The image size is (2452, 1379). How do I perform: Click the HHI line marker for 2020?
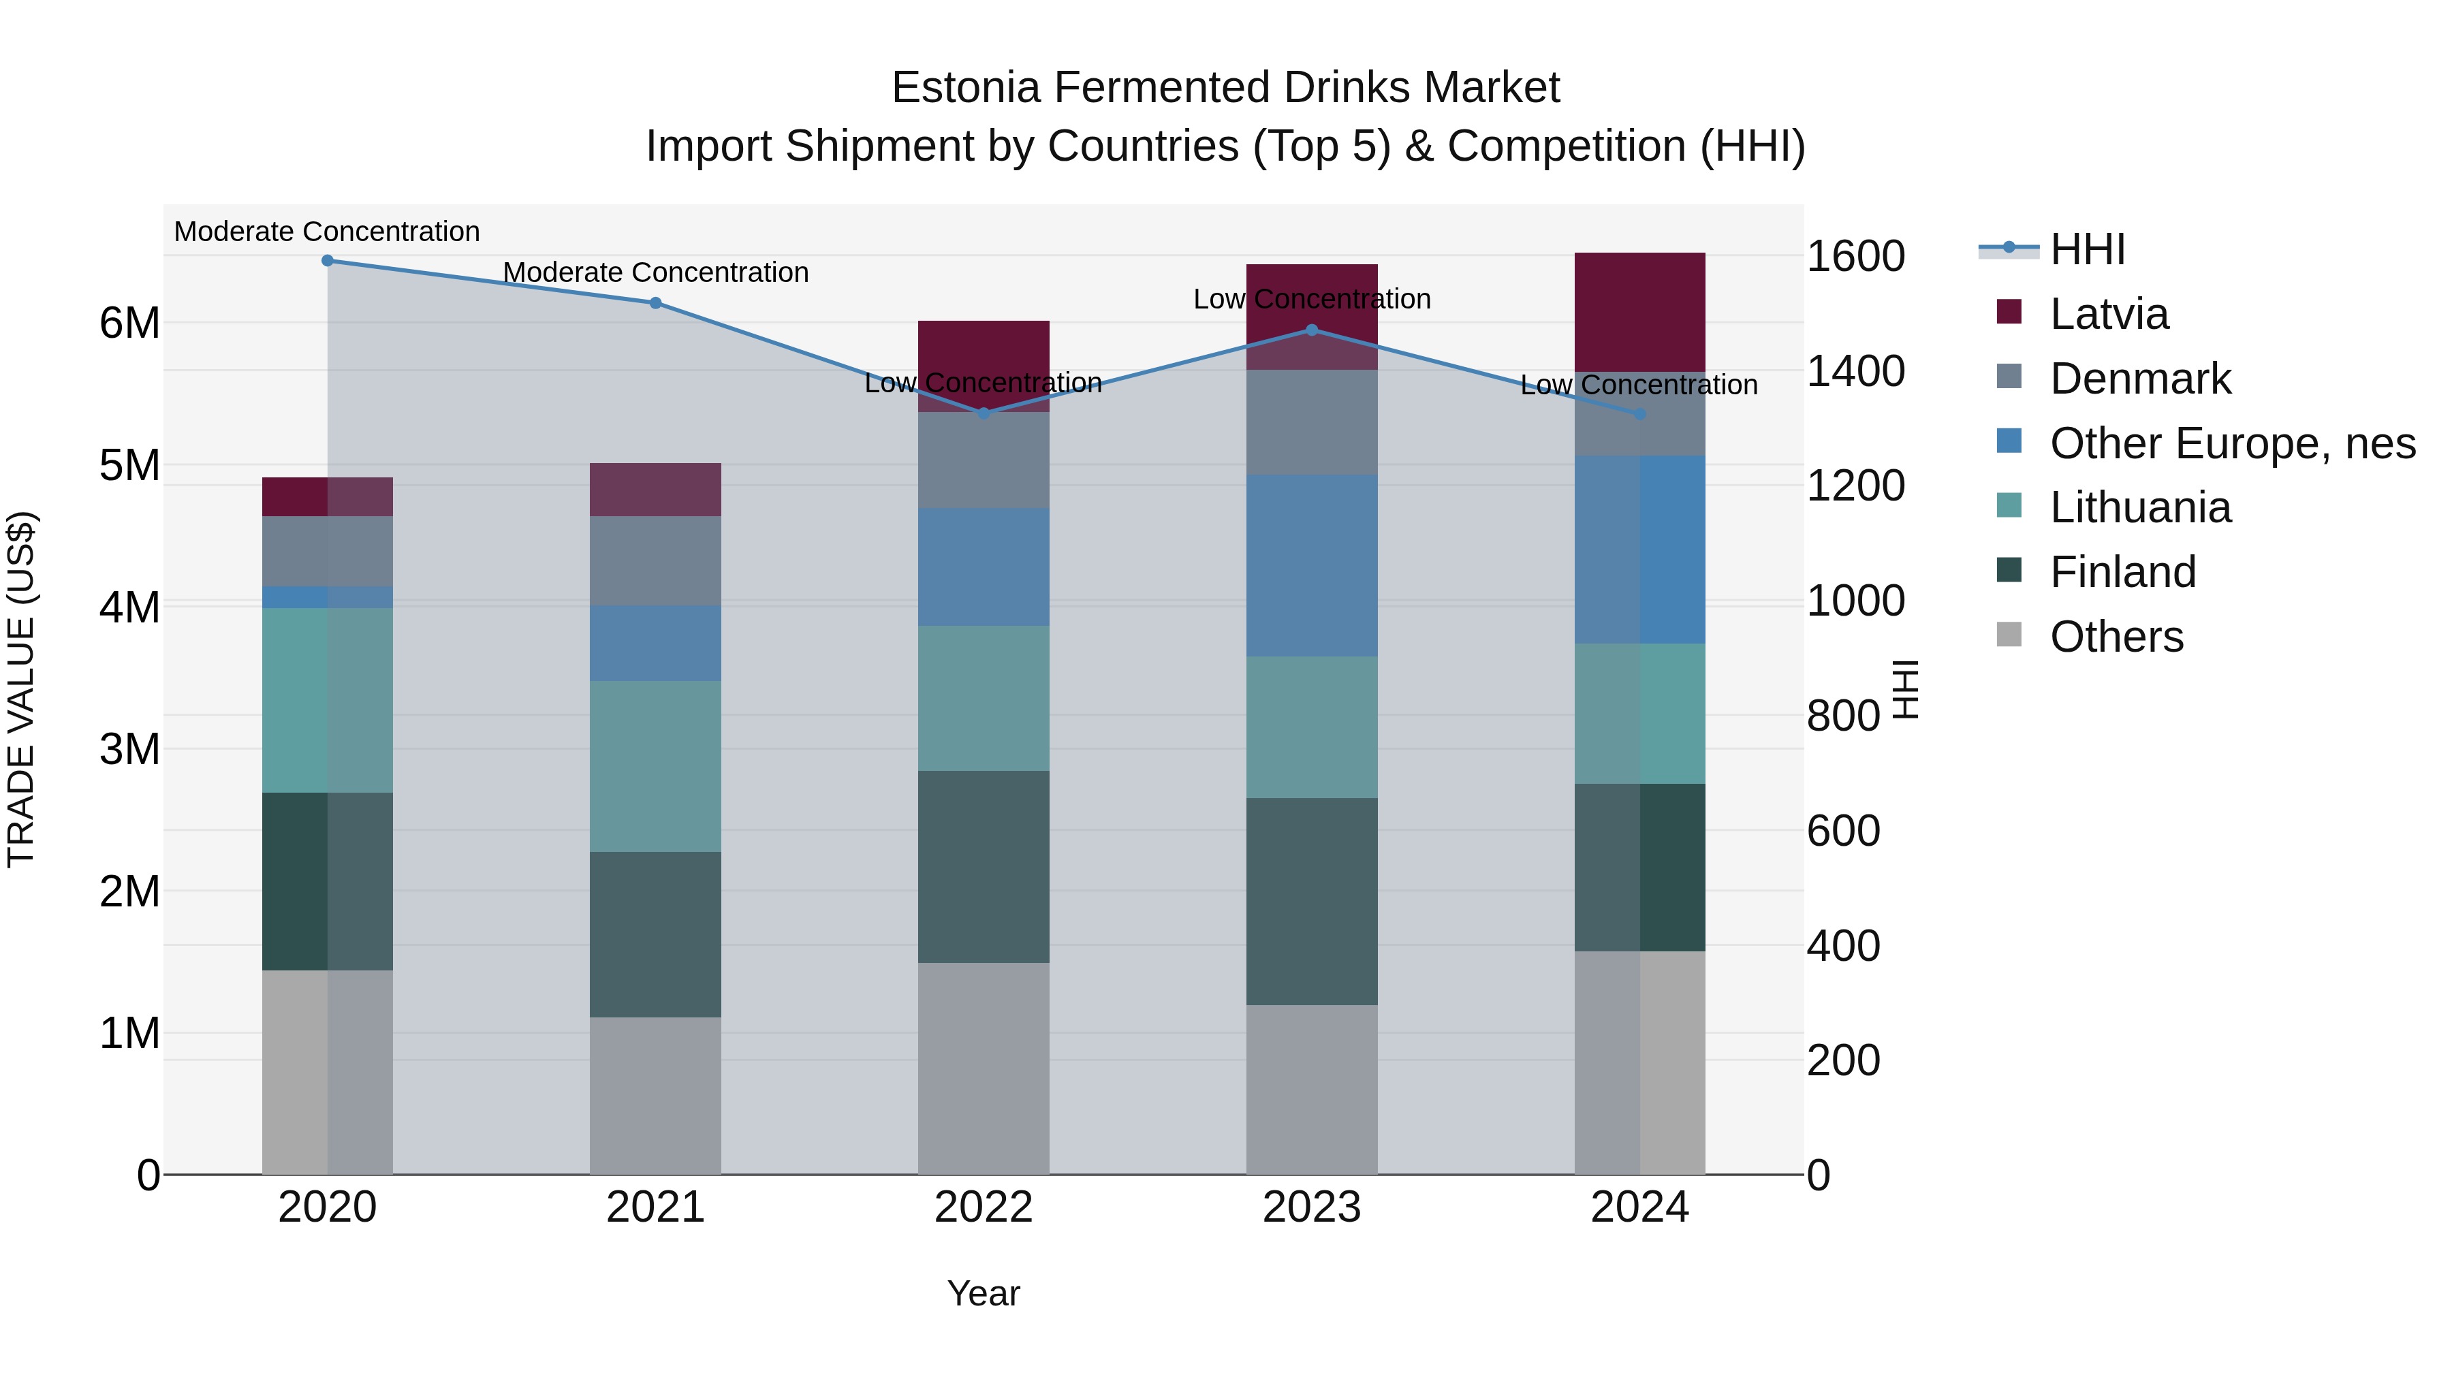coord(328,260)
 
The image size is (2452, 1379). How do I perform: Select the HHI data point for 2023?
coord(1312,330)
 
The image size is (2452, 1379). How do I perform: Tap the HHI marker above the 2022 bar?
coord(984,413)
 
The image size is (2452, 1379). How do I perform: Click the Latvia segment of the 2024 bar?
coord(1639,312)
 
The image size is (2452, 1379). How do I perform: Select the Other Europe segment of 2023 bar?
coord(1312,565)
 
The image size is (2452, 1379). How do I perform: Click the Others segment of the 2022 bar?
coord(984,1068)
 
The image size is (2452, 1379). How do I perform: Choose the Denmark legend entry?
coord(2140,379)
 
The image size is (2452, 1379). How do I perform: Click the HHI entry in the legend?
coord(2086,249)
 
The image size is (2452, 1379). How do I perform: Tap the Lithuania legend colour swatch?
coord(2009,505)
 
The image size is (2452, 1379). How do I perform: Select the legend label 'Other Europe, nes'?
coord(2232,443)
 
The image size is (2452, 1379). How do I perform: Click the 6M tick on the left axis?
coord(129,323)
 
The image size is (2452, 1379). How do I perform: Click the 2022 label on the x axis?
coord(984,1207)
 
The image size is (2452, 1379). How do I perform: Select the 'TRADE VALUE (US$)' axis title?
coord(21,689)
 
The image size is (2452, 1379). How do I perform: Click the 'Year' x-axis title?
coord(984,1293)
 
